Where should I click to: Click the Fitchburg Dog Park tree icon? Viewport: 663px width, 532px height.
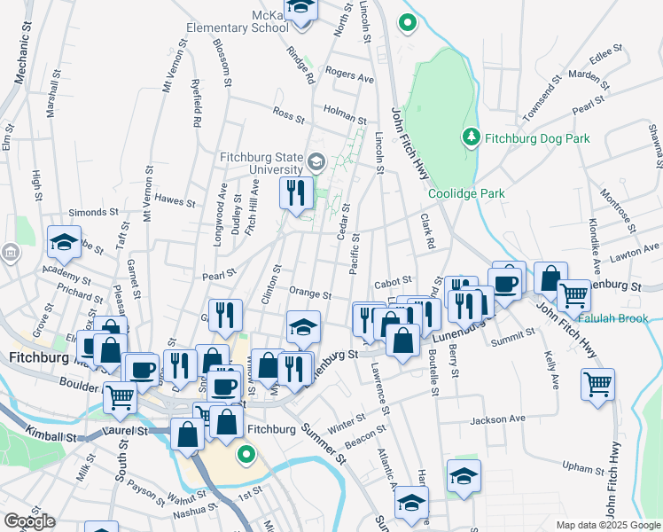[x=471, y=137]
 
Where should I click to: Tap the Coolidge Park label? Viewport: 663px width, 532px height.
[x=466, y=193]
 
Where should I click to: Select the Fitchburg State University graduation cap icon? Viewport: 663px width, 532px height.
[x=316, y=162]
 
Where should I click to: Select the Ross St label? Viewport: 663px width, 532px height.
[x=288, y=114]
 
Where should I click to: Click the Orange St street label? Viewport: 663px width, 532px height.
[x=309, y=293]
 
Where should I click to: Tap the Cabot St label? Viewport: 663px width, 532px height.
[x=395, y=281]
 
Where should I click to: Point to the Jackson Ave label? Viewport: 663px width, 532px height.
[x=498, y=418]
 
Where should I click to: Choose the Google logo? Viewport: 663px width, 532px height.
[x=29, y=521]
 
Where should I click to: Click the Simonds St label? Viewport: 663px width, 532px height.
[x=94, y=213]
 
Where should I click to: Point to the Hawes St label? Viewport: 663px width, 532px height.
[x=175, y=200]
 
